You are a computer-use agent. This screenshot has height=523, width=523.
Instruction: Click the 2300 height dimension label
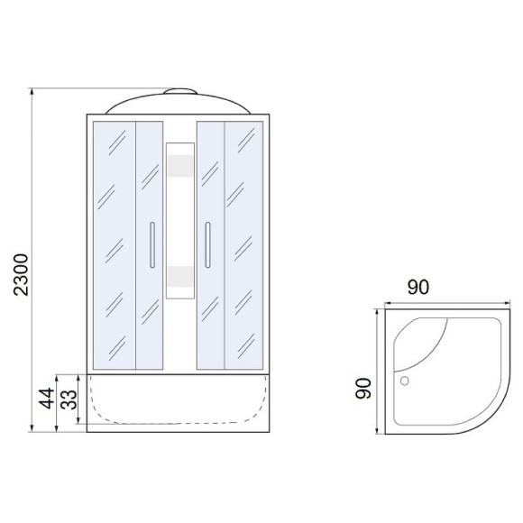[x=21, y=274]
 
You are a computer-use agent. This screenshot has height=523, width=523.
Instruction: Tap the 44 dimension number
[x=46, y=398]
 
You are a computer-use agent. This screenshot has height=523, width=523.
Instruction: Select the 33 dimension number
[x=69, y=399]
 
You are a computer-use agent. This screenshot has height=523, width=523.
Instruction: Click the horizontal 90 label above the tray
[x=417, y=287]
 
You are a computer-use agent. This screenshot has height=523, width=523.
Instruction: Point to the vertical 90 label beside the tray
[x=363, y=389]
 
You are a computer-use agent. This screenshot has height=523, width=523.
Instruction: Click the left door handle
[x=152, y=245]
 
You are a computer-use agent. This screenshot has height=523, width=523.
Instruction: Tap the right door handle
[x=207, y=245]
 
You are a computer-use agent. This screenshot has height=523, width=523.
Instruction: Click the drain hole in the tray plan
[x=404, y=381]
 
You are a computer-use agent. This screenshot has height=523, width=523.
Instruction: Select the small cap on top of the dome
[x=180, y=91]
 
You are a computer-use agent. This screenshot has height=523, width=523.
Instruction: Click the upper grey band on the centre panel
[x=180, y=166]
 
